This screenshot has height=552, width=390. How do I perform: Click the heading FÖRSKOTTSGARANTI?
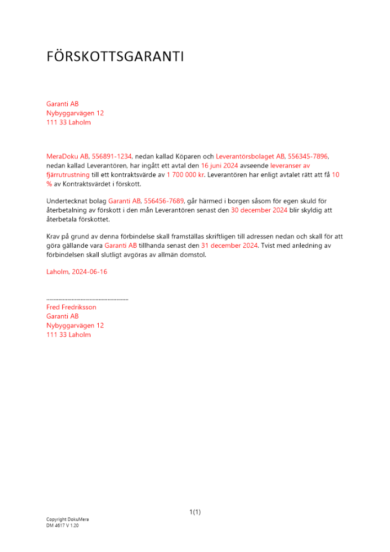coord(115,57)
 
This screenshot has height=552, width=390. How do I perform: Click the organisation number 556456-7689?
coord(164,201)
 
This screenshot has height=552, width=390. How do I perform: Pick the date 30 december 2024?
coord(259,210)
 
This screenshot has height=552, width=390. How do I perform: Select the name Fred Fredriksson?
coord(71,307)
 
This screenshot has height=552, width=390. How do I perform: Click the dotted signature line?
coord(87,299)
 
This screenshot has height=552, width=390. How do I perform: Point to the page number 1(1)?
coord(195,512)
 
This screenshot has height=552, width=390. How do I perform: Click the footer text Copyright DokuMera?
coord(67,519)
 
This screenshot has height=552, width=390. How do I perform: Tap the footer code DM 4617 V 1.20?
coord(62,526)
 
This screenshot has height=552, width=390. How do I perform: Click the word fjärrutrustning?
coord(67,174)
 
